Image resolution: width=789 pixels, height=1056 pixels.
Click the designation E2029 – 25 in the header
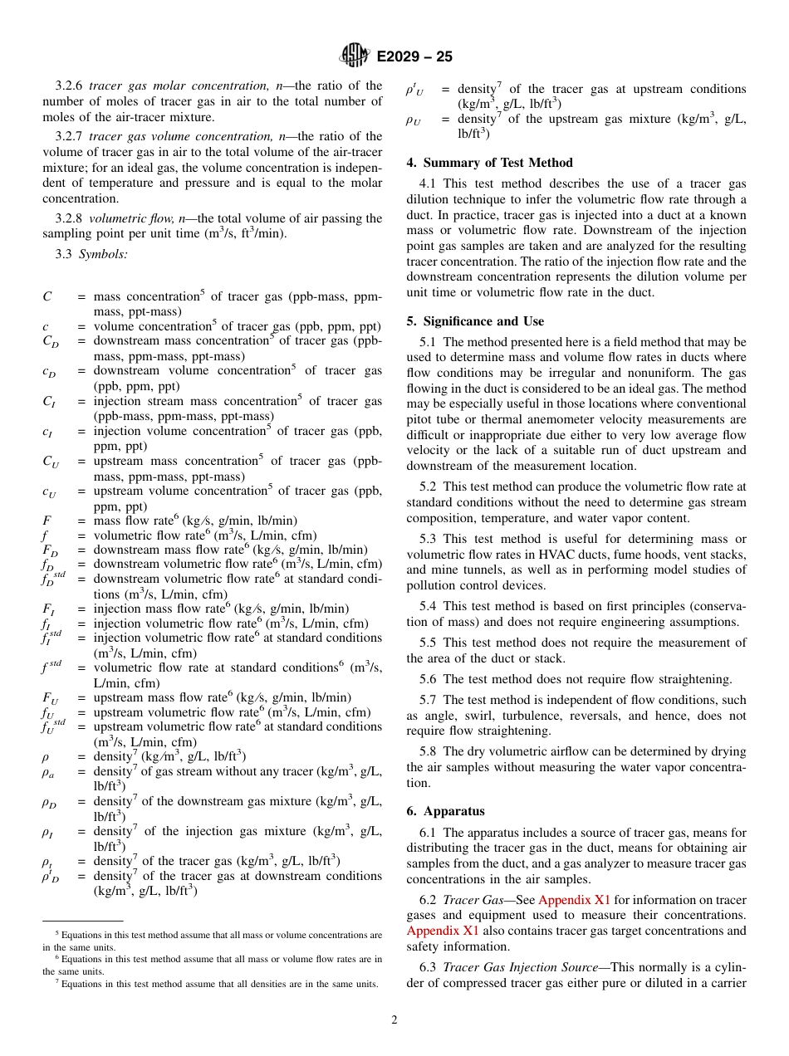[x=414, y=57]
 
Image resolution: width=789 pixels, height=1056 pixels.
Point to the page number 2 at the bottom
[x=394, y=1020]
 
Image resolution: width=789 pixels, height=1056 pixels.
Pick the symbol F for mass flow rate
[x=47, y=521]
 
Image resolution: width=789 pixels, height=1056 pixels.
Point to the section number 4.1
[x=429, y=183]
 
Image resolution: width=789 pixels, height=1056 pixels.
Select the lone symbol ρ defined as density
[x=47, y=756]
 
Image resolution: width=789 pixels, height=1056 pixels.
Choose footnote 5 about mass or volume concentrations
[x=213, y=935]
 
